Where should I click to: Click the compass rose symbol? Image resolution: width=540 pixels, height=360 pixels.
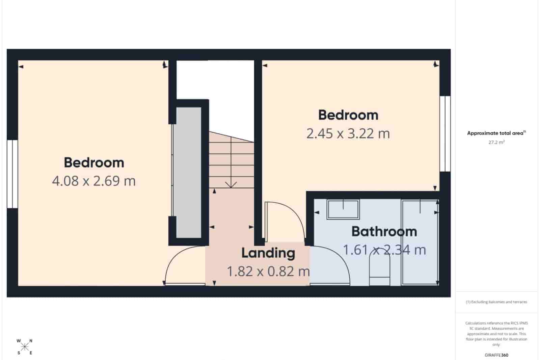click(x=24, y=347)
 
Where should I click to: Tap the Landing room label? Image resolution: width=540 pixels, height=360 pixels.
click(x=268, y=253)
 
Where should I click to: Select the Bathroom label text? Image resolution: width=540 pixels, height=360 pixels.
click(x=384, y=232)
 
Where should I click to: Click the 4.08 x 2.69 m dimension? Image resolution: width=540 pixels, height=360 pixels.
click(x=94, y=181)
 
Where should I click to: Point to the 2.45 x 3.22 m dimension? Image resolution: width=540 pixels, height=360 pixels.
click(x=348, y=134)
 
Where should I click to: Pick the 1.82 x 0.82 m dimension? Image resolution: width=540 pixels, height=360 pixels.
click(x=268, y=271)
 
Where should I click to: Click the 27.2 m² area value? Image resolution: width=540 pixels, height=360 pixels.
click(x=496, y=143)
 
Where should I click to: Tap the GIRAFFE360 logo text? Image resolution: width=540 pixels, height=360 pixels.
click(x=496, y=355)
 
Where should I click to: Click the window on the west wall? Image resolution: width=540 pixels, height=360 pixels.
click(x=12, y=174)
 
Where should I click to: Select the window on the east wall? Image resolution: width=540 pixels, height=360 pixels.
click(x=445, y=134)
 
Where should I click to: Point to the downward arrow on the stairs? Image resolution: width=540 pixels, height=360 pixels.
click(x=231, y=184)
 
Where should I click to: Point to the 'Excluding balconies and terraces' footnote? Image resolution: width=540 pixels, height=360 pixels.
click(x=496, y=302)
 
